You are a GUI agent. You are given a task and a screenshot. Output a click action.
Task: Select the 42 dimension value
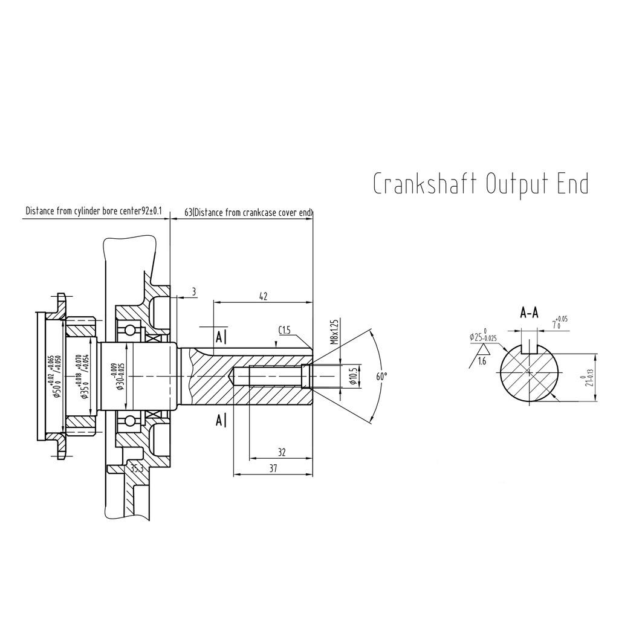point(263,296)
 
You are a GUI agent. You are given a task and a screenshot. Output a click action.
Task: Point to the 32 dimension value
point(282,452)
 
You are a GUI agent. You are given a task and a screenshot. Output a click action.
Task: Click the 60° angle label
point(381,376)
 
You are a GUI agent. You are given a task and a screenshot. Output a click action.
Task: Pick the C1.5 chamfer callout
point(285,330)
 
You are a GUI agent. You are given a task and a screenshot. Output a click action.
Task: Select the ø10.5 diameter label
point(353,378)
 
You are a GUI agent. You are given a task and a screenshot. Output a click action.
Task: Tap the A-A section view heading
point(530,313)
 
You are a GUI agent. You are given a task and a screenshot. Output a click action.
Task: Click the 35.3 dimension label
point(137,468)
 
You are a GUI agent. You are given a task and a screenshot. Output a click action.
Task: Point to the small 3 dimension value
point(193,292)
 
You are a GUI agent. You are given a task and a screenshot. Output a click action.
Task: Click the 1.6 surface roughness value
point(482,361)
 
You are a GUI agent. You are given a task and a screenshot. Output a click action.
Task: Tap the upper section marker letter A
point(219,336)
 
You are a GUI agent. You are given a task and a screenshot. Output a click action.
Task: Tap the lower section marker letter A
point(219,421)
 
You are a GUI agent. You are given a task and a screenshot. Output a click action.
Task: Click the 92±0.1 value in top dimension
point(151,212)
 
